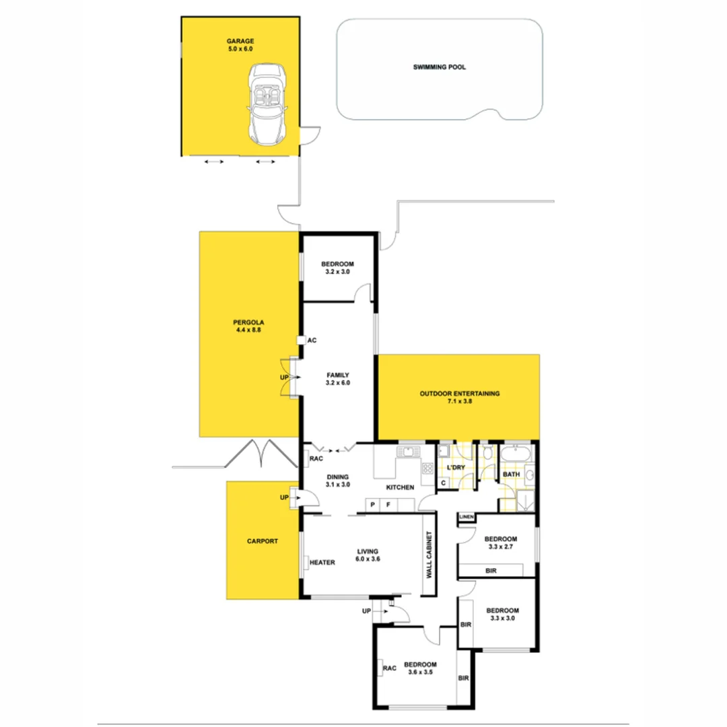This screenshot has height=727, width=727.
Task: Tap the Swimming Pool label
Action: tap(440, 67)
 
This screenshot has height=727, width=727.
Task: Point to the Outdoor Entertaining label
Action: tap(460, 398)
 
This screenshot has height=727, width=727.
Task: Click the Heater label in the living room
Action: tap(322, 563)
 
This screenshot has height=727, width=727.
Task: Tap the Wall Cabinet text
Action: tap(429, 556)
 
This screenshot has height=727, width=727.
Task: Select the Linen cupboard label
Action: tap(466, 517)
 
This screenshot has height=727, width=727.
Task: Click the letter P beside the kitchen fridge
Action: tap(372, 504)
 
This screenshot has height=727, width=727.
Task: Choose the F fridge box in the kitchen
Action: tap(388, 504)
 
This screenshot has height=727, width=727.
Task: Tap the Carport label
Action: tap(262, 541)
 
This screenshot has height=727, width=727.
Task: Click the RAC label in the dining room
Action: tap(316, 460)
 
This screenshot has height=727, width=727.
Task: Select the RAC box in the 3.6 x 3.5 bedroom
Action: tap(389, 668)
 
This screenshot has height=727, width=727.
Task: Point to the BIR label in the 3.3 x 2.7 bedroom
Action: tap(491, 570)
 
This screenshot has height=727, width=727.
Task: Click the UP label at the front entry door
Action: tap(367, 611)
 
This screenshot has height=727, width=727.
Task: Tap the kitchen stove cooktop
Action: tap(427, 469)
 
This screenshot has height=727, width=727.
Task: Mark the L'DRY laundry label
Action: tap(456, 467)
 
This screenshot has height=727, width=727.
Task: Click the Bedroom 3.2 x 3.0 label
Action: tap(337, 268)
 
